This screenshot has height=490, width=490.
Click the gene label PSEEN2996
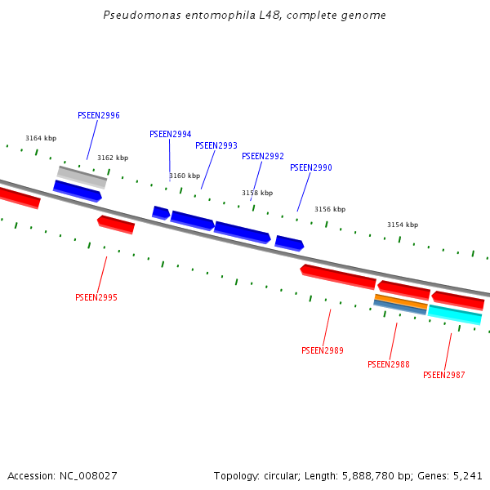click(99, 116)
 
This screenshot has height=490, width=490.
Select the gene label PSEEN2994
click(170, 135)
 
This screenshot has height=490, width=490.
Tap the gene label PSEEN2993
click(216, 146)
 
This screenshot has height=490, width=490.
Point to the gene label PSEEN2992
click(263, 157)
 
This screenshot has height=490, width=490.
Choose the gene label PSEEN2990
click(310, 168)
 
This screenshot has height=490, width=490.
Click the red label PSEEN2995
click(96, 298)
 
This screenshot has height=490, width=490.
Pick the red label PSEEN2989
click(322, 351)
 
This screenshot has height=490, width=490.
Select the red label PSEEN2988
click(389, 365)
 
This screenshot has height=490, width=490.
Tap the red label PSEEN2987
click(443, 376)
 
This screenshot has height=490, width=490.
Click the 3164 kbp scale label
click(41, 139)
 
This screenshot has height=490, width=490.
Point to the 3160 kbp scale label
click(185, 176)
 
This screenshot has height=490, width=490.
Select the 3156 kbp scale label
click(330, 210)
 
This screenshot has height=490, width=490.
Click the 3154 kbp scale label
click(402, 225)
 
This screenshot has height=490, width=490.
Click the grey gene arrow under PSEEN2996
click(82, 176)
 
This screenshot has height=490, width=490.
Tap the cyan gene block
click(455, 314)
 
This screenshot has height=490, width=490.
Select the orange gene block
click(401, 301)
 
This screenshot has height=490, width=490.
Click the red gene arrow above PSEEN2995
click(116, 225)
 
